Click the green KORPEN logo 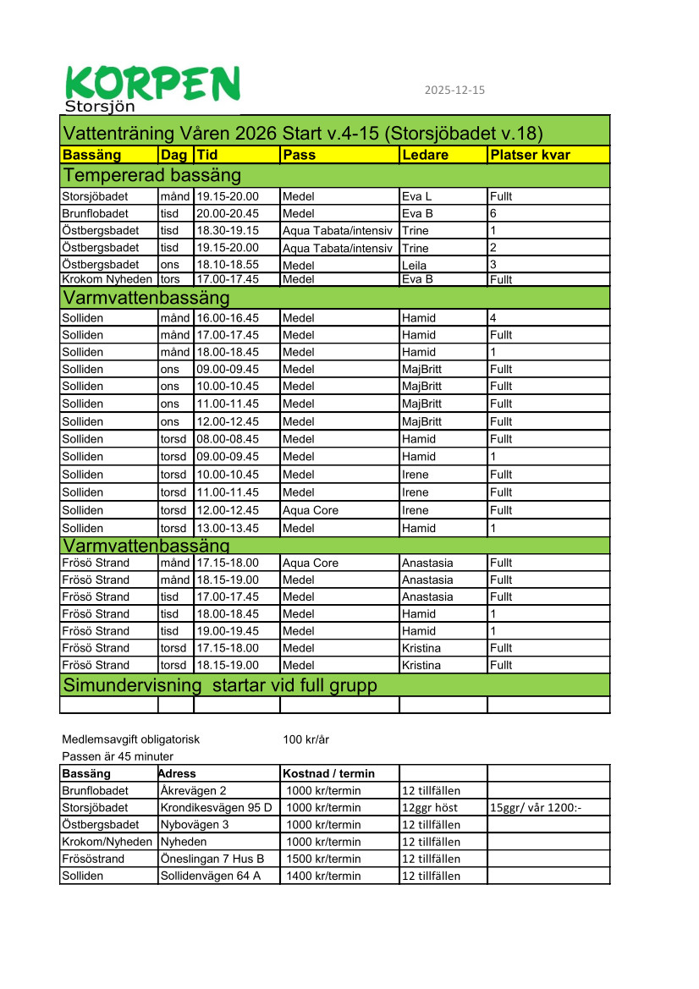click(x=152, y=87)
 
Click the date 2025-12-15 click(x=454, y=91)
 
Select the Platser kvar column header click(x=530, y=155)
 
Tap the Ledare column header click(x=425, y=155)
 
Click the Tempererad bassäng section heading click(x=152, y=176)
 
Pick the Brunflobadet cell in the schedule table click(x=96, y=213)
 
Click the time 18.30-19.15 click(x=228, y=230)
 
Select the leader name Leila click(x=414, y=265)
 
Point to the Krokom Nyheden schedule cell click(x=107, y=279)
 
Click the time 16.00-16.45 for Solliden click(x=228, y=318)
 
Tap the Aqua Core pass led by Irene click(x=308, y=510)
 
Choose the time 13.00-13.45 click(x=228, y=528)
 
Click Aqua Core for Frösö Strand click(x=310, y=563)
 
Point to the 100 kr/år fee click(x=305, y=739)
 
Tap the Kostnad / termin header click(x=328, y=773)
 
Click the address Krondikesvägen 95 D click(x=216, y=808)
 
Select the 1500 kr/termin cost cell click(x=323, y=859)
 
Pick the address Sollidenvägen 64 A click(x=209, y=876)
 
